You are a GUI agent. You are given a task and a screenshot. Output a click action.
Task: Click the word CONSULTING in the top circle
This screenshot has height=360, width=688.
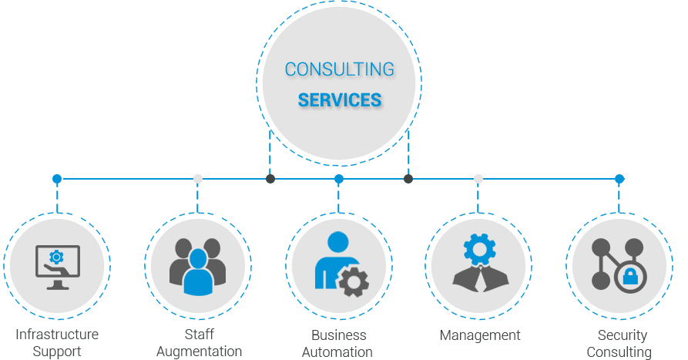point(339,69)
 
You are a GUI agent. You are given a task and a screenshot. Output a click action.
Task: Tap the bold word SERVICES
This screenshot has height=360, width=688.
point(339,100)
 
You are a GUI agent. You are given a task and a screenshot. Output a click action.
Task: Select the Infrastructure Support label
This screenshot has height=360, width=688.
point(57,343)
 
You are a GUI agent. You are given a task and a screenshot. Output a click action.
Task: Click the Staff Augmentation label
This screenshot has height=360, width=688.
point(199,343)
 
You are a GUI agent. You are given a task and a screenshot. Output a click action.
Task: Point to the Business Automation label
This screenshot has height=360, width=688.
point(338,343)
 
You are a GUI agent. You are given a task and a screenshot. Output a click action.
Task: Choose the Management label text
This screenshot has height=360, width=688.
point(480,335)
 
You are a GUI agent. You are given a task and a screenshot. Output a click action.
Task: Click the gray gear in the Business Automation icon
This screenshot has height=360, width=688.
point(354,282)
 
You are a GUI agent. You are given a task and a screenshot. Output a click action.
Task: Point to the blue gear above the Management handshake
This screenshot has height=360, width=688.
point(478,248)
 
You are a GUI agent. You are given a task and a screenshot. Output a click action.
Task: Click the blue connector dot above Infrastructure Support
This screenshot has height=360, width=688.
point(57,179)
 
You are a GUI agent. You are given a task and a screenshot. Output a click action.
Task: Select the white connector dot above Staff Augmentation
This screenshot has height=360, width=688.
point(198,179)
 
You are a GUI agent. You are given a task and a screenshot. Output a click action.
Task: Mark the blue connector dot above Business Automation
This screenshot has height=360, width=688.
point(339,179)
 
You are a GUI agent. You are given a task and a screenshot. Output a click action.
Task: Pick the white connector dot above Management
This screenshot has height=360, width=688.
point(478,179)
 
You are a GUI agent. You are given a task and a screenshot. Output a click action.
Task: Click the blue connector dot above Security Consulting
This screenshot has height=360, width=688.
point(619,179)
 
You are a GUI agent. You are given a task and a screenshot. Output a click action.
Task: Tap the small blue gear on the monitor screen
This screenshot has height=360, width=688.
point(55,257)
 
